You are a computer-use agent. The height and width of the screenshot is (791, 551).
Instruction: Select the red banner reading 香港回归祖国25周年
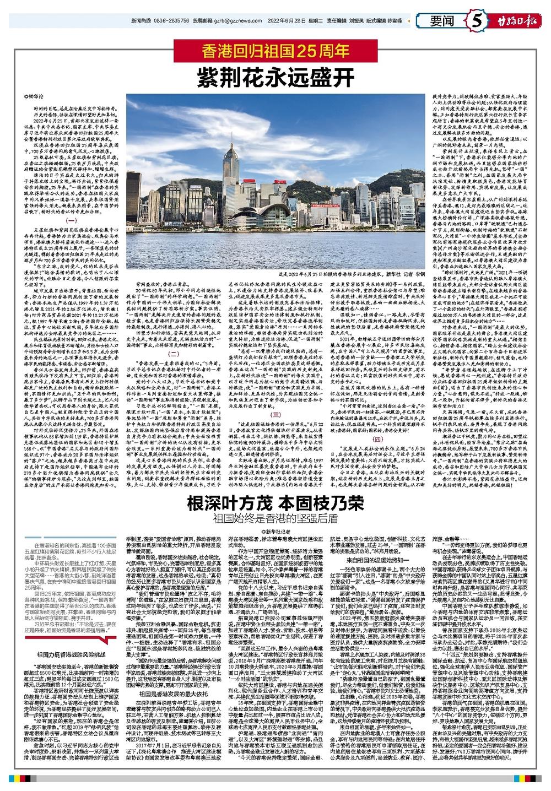click(x=275, y=51)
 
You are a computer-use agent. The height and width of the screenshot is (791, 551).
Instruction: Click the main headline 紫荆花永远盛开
click(x=275, y=76)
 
